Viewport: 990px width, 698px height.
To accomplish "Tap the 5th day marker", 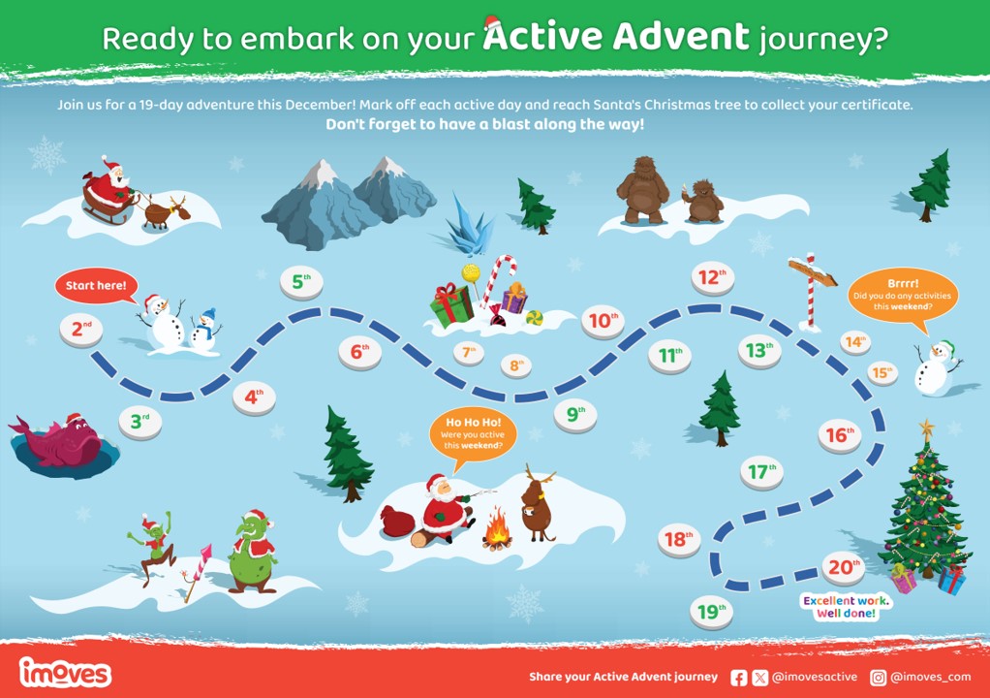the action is pos(301,283).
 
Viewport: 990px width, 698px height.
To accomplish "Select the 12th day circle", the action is pos(712,278).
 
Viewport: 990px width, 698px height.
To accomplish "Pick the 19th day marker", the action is pos(712,613).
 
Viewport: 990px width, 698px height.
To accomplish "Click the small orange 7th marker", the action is pos(469,353).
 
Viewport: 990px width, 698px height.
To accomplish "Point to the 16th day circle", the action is pos(840,436).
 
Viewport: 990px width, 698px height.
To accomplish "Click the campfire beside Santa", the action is pos(497,528).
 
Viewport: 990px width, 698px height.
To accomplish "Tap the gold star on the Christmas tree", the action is pos(926,429).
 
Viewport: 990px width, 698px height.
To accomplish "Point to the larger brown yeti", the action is pos(642,190).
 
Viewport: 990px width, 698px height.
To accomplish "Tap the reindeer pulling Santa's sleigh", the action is pos(167,211).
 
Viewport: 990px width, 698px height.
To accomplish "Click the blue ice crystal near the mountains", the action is pos(468,226).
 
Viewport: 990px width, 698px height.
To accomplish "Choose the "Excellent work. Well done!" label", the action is pos(846,607).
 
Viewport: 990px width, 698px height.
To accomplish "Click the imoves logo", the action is pos(65,672).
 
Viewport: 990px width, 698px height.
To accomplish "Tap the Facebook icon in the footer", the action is pos(738,678).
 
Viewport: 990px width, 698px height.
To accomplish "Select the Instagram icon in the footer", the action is pos(879,678).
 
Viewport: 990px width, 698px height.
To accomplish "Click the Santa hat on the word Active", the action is pos(492,24).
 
